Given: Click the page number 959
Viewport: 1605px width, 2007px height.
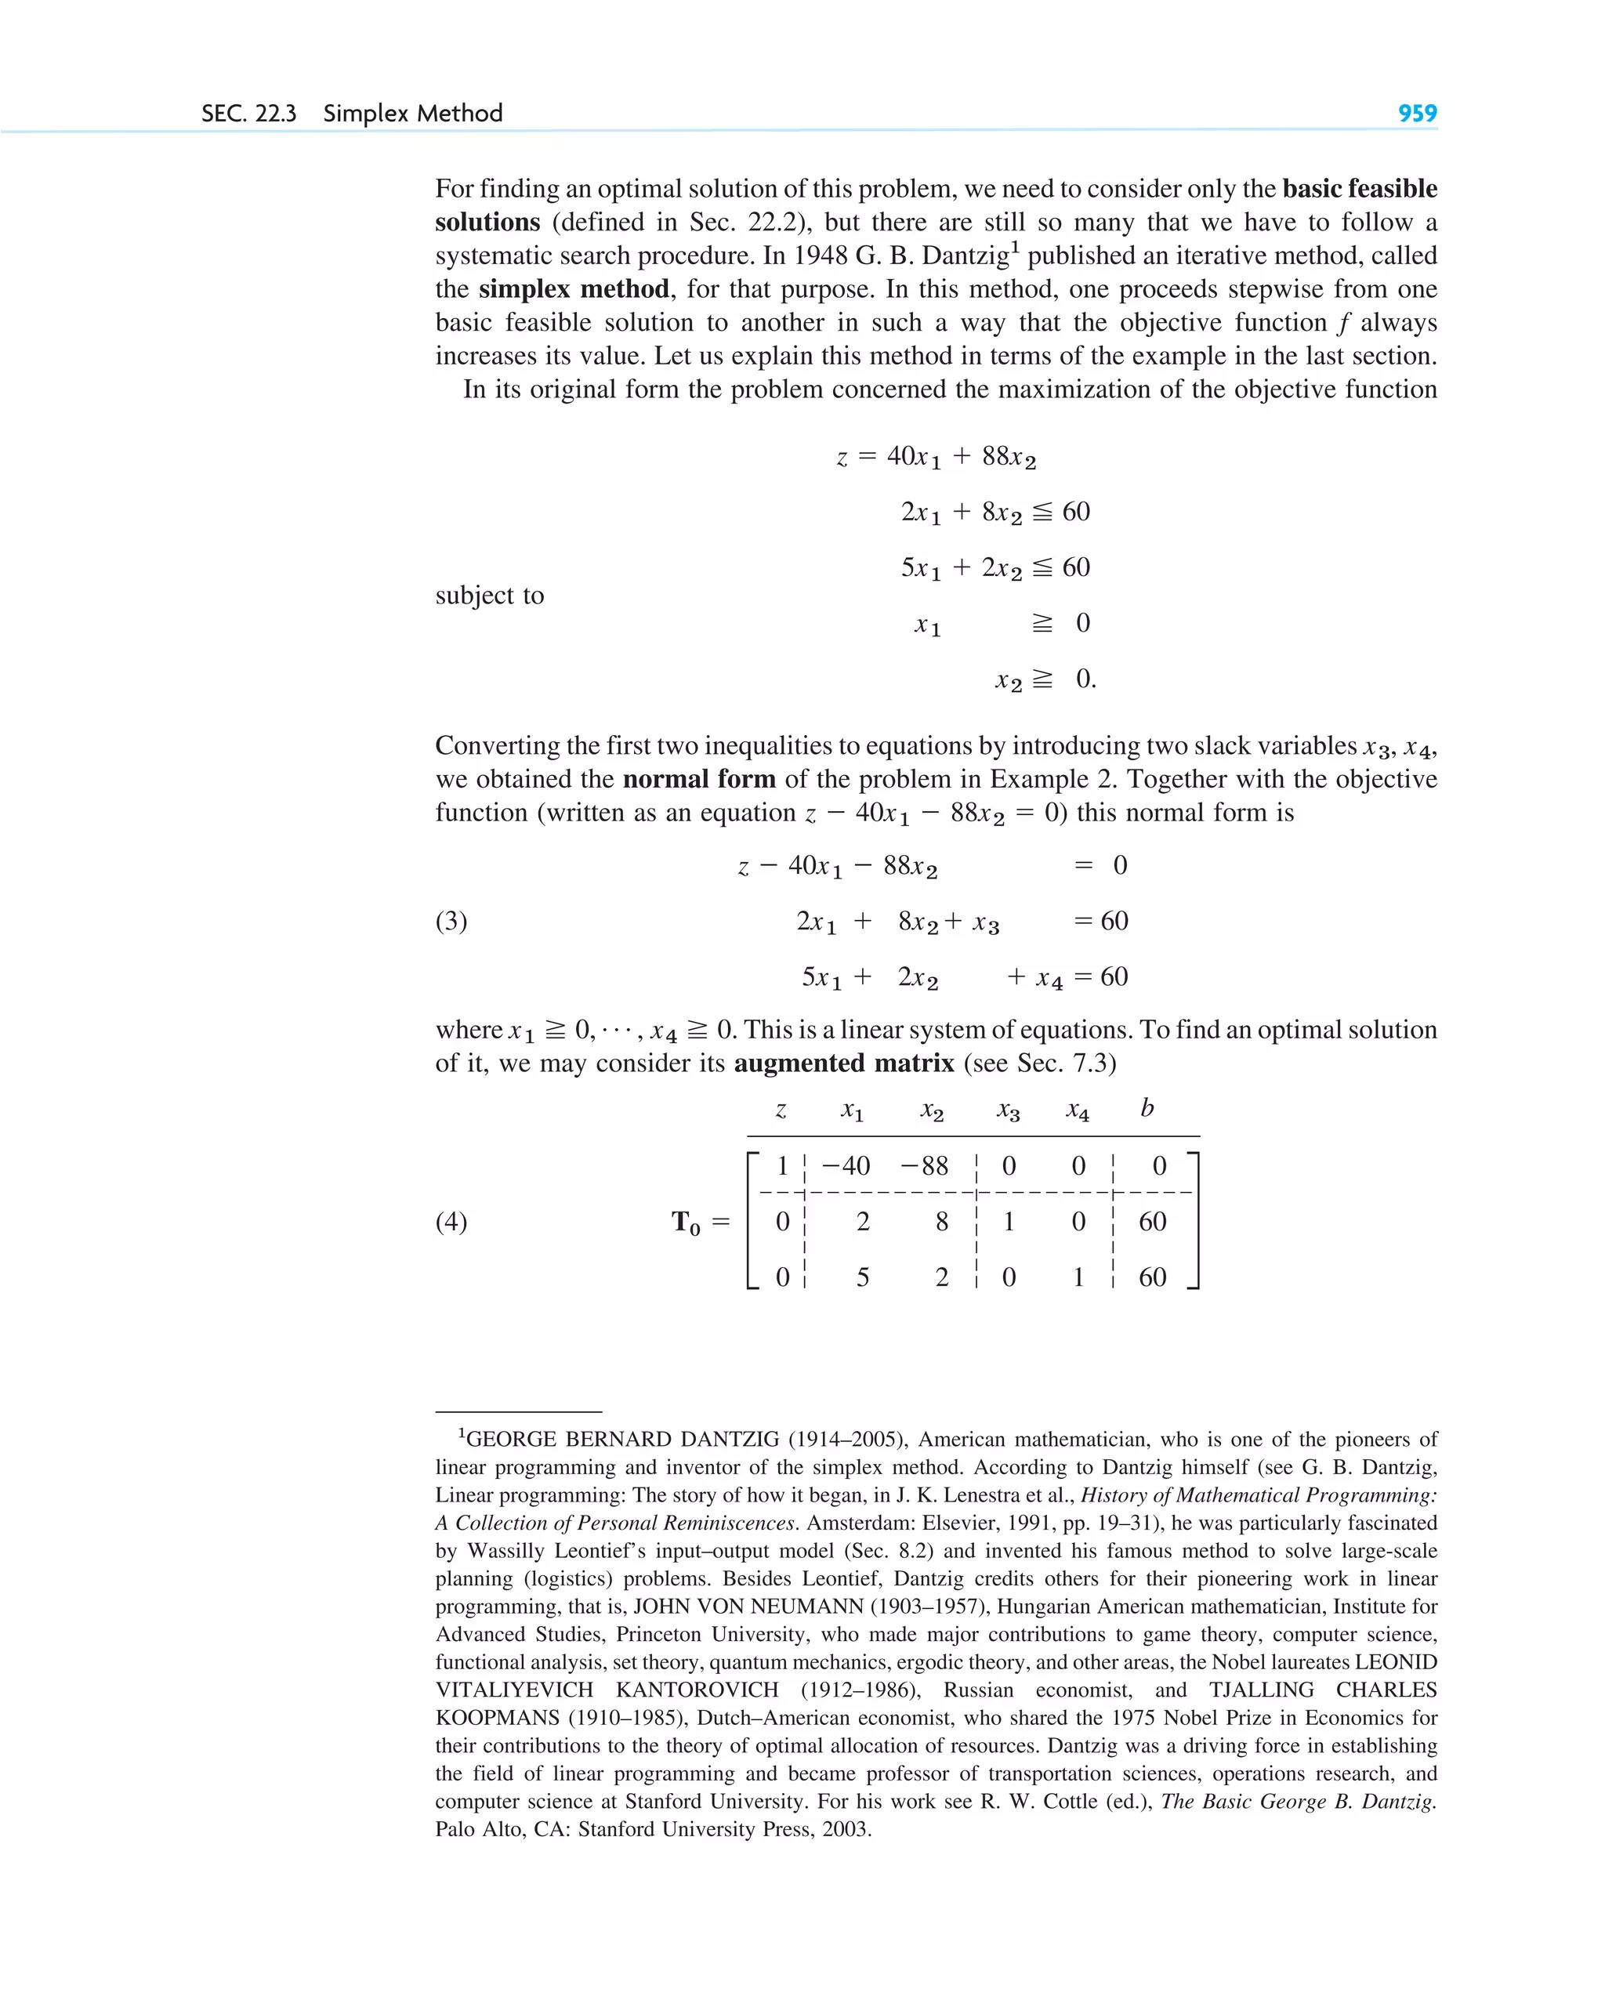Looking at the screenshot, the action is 1417,114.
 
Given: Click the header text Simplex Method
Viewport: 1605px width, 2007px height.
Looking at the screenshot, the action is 412,114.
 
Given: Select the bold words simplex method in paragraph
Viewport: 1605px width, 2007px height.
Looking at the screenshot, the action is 574,289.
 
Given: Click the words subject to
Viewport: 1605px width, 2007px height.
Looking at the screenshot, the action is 490,595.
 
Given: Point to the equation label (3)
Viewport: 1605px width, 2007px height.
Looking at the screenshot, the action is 451,921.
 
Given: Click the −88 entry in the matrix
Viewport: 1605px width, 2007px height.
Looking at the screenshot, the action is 922,1166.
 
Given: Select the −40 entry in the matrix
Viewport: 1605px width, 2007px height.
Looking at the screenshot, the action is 846,1166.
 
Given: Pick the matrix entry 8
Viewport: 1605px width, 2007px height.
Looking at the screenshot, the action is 942,1223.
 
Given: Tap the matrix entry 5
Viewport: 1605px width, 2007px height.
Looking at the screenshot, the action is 863,1277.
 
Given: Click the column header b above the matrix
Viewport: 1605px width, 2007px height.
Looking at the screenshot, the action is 1147,1108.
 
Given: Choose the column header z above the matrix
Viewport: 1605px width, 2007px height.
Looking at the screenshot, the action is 781,1110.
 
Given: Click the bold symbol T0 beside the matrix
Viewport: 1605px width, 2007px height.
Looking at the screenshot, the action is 687,1223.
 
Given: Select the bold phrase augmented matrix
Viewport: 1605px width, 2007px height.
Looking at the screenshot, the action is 843,1063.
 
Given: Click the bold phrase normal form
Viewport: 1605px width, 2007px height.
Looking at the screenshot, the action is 698,779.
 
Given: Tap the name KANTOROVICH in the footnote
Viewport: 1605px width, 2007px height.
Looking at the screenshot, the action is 697,1690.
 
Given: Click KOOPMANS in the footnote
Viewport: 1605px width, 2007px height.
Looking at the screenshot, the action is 497,1719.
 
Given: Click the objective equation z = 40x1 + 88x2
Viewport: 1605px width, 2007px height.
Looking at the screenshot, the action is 936,457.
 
